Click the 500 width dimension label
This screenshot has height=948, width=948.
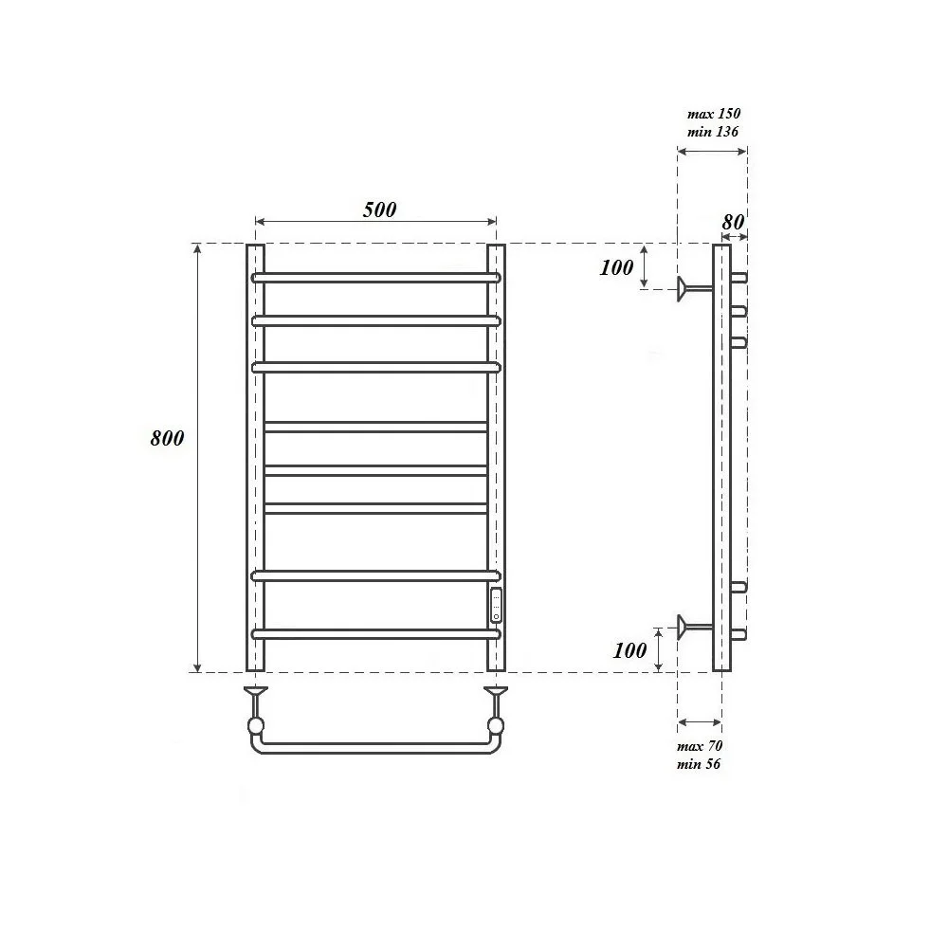(x=380, y=210)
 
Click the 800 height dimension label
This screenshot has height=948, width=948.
(x=167, y=438)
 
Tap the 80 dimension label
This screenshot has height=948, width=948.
(x=733, y=222)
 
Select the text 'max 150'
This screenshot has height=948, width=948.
(x=714, y=114)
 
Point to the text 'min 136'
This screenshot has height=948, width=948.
(x=713, y=132)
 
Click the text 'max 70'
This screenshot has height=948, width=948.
(x=700, y=745)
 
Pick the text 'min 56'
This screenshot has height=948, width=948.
(x=699, y=763)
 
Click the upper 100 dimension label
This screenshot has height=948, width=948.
(x=617, y=267)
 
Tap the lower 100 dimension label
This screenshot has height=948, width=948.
(x=630, y=650)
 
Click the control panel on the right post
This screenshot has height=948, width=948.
(x=497, y=605)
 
